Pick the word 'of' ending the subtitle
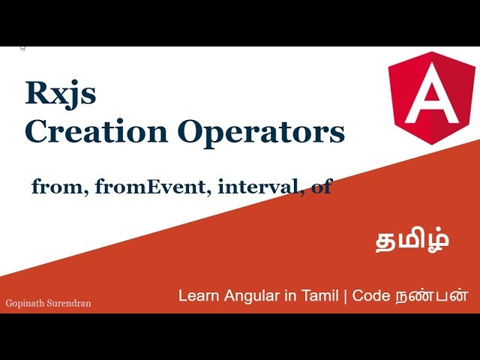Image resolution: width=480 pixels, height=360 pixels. pyautogui.click(x=321, y=187)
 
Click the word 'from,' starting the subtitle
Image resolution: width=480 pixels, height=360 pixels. pyautogui.click(x=60, y=187)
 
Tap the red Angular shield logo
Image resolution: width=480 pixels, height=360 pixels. pyautogui.click(x=431, y=94)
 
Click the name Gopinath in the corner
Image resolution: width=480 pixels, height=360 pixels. pyautogui.click(x=25, y=304)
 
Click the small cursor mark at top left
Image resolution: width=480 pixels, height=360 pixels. pyautogui.click(x=23, y=49)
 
